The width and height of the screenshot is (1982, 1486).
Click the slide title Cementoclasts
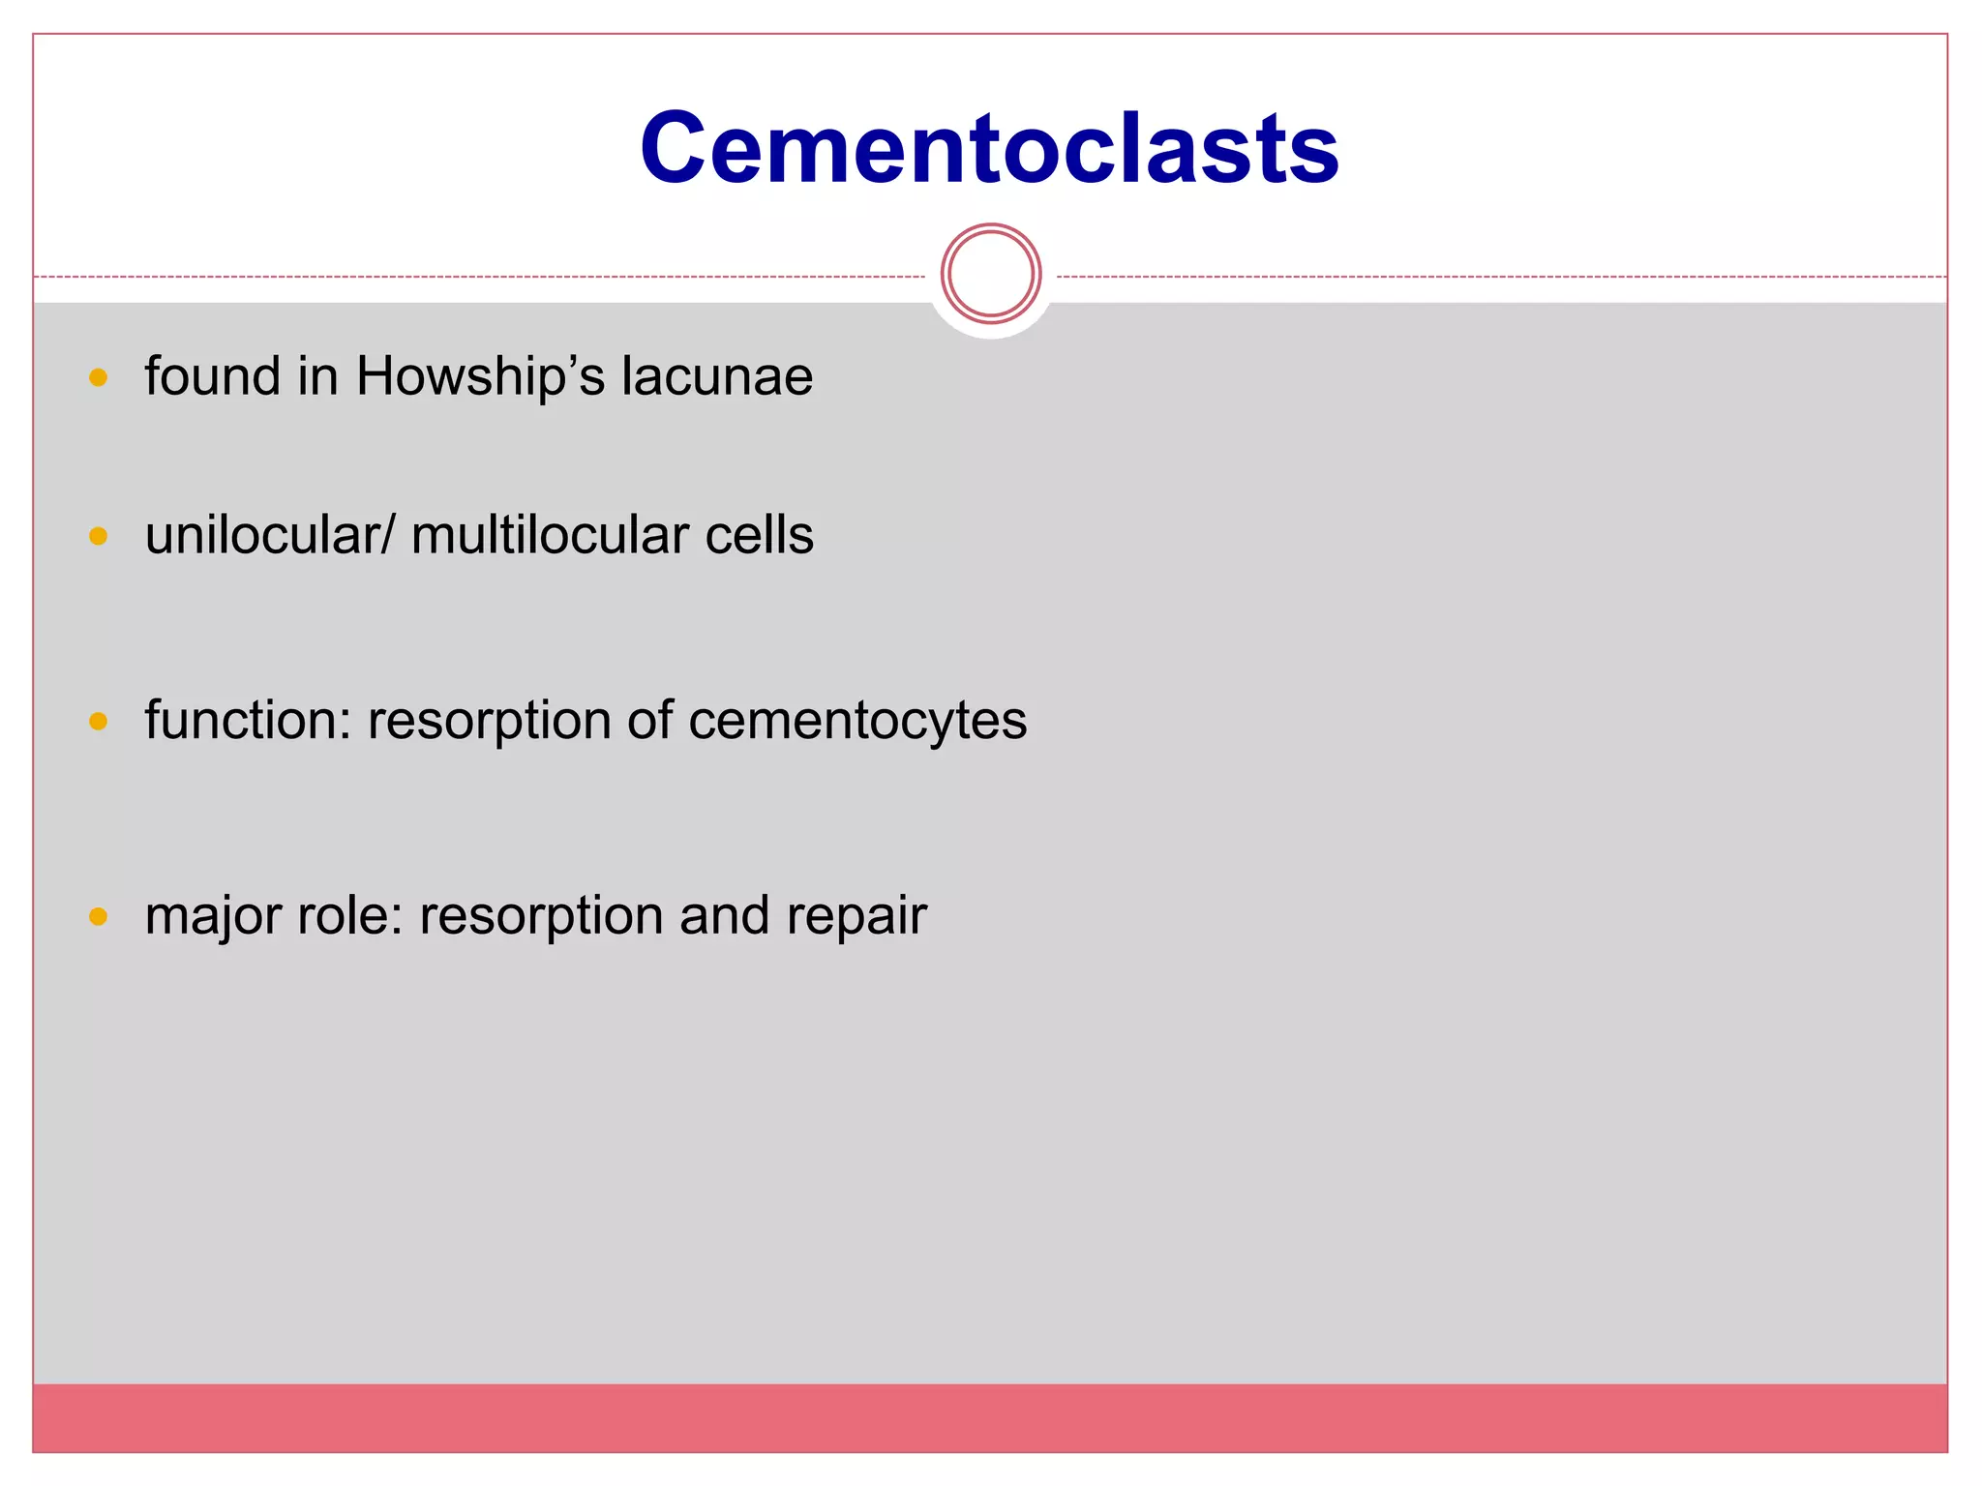point(989,148)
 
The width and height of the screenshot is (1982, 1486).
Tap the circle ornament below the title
point(990,274)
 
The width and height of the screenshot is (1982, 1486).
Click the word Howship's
point(480,376)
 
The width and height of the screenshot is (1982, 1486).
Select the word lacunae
point(716,376)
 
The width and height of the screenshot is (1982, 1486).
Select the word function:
point(248,721)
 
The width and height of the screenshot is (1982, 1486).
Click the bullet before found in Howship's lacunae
point(98,377)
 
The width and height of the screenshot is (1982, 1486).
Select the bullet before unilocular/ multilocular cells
point(98,536)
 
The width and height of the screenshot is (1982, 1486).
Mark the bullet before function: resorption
point(98,722)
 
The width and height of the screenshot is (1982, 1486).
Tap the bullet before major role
point(98,916)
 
